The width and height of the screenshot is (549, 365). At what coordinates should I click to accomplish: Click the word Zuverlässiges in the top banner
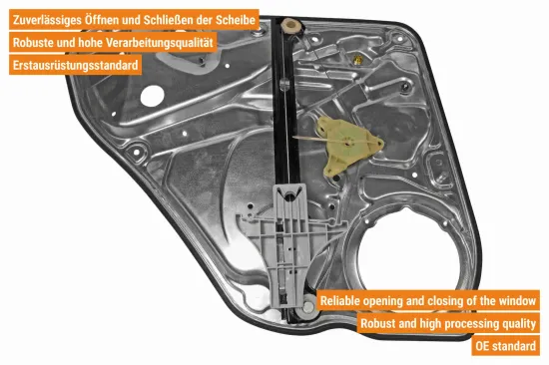tap(47, 20)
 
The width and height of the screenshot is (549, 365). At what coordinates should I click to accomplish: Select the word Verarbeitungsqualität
tap(160, 43)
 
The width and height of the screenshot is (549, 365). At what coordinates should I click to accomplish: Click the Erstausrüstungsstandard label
tap(75, 65)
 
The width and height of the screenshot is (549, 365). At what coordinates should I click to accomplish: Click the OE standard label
tap(506, 346)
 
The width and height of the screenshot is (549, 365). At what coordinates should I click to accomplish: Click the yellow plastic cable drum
tap(350, 145)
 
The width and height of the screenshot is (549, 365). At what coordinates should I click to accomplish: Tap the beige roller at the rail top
tap(291, 26)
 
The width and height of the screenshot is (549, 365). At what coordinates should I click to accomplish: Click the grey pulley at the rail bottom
tap(308, 307)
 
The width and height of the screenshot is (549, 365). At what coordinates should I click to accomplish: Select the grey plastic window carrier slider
tap(284, 241)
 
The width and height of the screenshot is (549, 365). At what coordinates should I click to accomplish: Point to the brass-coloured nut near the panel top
tap(357, 60)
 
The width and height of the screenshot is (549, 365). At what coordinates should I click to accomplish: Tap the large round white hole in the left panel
tap(153, 96)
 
